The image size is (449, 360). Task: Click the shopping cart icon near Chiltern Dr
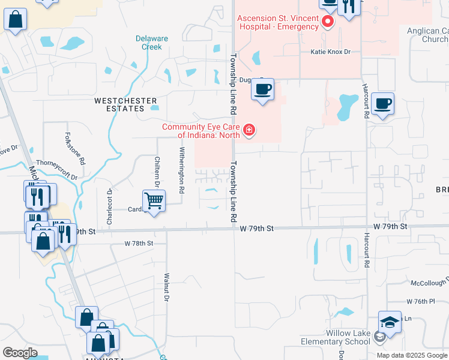point(154,201)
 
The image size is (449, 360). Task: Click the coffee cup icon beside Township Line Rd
point(262,89)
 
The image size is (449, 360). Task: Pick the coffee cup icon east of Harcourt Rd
point(382,104)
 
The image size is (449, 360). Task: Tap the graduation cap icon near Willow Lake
point(390,323)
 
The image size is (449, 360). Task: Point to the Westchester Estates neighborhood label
point(125,104)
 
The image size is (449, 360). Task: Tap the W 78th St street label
point(139,243)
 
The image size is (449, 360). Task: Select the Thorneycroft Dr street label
point(56,170)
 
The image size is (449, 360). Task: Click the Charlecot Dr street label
point(109,207)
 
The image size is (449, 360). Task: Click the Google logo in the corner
point(20,353)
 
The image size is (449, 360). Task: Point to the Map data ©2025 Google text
point(411,355)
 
